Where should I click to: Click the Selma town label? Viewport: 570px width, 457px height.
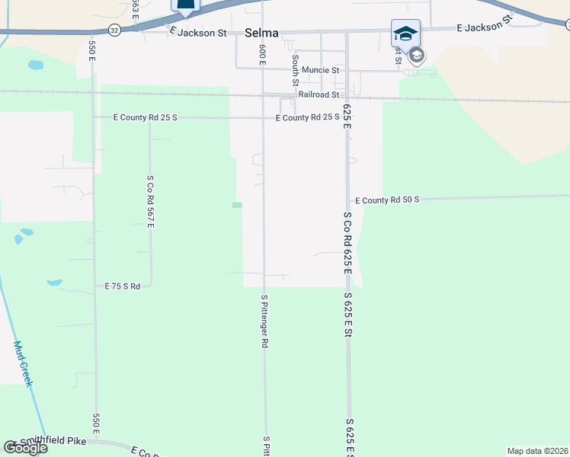[x=262, y=33]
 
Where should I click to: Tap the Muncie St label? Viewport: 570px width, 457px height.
[x=320, y=70]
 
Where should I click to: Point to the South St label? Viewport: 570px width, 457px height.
[x=295, y=69]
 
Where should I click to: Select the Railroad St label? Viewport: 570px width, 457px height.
[x=319, y=94]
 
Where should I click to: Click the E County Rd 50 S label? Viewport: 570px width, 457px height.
[x=387, y=200]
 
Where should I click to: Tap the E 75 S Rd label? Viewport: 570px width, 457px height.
[x=123, y=286]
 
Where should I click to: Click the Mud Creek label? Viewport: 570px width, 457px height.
[x=23, y=363]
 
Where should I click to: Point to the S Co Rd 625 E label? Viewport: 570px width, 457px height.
[x=347, y=243]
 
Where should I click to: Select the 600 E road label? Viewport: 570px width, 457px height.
[x=262, y=54]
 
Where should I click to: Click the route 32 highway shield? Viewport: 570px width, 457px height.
[x=114, y=30]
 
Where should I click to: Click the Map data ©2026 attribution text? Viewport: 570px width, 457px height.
[x=537, y=451]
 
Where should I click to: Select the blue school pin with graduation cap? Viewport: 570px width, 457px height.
[x=405, y=34]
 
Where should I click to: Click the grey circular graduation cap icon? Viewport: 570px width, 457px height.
[x=416, y=56]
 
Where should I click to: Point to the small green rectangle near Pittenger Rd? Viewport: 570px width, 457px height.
[x=237, y=205]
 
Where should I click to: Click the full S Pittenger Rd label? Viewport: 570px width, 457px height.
[x=264, y=321]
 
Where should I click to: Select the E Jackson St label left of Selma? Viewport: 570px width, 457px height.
[x=198, y=33]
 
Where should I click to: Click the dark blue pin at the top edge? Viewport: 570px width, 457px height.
[x=185, y=5]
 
